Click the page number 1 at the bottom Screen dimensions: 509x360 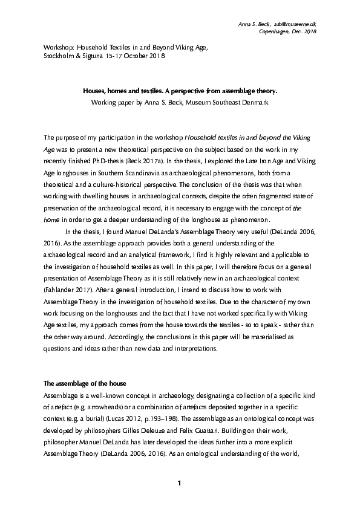pos(180,484)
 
